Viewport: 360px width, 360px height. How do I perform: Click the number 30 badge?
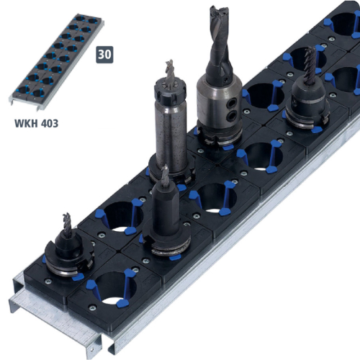104,55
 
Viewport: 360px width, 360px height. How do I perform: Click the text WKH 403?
36,123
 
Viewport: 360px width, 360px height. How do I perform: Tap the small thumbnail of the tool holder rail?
57,62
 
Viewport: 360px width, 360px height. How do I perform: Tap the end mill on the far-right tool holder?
310,63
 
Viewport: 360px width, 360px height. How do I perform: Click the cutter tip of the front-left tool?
67,222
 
